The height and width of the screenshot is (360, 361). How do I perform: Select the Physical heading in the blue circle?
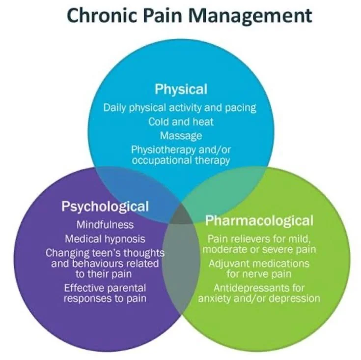click(181, 89)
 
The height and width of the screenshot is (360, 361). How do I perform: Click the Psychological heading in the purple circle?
click(105, 206)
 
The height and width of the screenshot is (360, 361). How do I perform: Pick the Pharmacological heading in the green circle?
click(259, 219)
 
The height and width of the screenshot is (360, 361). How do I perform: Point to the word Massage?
click(181, 135)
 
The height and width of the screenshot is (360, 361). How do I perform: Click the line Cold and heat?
click(181, 121)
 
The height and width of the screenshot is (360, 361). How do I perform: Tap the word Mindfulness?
click(105, 225)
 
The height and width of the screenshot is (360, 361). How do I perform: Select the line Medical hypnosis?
click(105, 239)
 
